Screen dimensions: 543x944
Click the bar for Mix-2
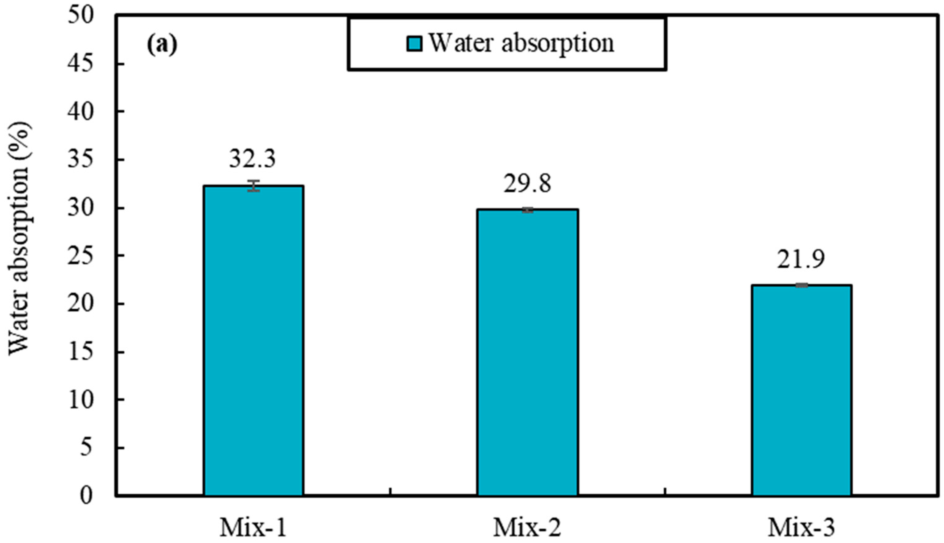[x=527, y=352]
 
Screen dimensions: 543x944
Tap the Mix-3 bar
[x=801, y=390]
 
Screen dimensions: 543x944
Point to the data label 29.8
[x=527, y=183]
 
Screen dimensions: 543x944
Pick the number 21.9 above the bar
[x=801, y=260]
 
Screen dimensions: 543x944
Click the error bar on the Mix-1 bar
[x=254, y=186]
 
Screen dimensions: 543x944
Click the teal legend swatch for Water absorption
[x=414, y=44]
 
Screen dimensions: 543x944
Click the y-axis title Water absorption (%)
[x=19, y=239]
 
